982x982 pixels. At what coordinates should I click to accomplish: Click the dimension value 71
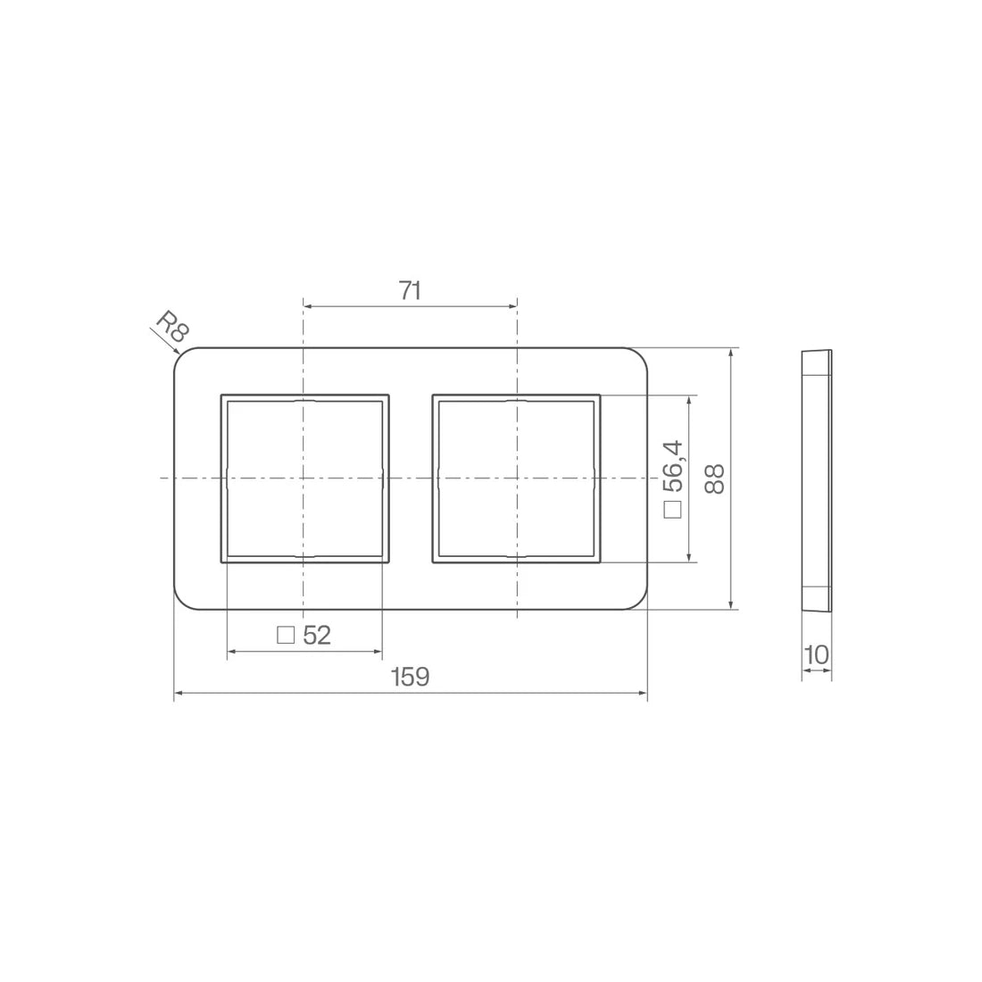[411, 291]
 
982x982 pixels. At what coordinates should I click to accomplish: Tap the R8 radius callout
[171, 326]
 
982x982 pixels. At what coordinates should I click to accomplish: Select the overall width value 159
[411, 677]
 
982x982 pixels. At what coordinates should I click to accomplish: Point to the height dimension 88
[714, 479]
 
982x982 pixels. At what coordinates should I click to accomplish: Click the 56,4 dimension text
[673, 467]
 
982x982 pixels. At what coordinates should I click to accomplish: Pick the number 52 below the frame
[317, 636]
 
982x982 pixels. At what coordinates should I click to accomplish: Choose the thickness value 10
[816, 655]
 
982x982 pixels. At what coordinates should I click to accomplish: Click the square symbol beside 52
[286, 636]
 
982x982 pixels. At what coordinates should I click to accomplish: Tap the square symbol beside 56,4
[672, 509]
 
